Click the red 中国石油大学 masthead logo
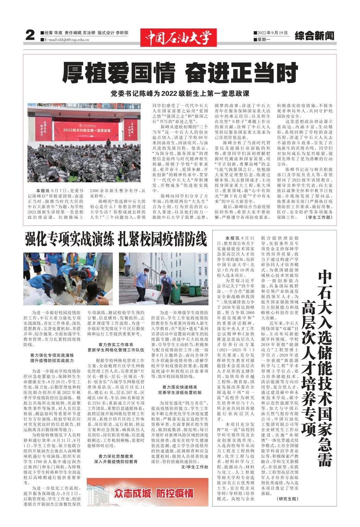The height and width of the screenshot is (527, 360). pyautogui.click(x=178, y=37)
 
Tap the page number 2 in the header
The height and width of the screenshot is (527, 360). pyautogui.click(x=30, y=36)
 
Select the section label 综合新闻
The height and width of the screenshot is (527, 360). pyautogui.click(x=314, y=36)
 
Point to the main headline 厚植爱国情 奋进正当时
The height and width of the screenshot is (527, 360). pyautogui.click(x=180, y=73)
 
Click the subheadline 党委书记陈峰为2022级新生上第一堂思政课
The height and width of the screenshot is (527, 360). pyautogui.click(x=180, y=93)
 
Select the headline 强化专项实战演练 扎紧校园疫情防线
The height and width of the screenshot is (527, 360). pyautogui.click(x=116, y=238)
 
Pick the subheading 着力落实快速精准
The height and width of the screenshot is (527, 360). pyautogui.click(x=179, y=387)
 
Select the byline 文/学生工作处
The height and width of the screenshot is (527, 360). pyautogui.click(x=194, y=467)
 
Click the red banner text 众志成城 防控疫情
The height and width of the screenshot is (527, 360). pyautogui.click(x=154, y=494)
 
